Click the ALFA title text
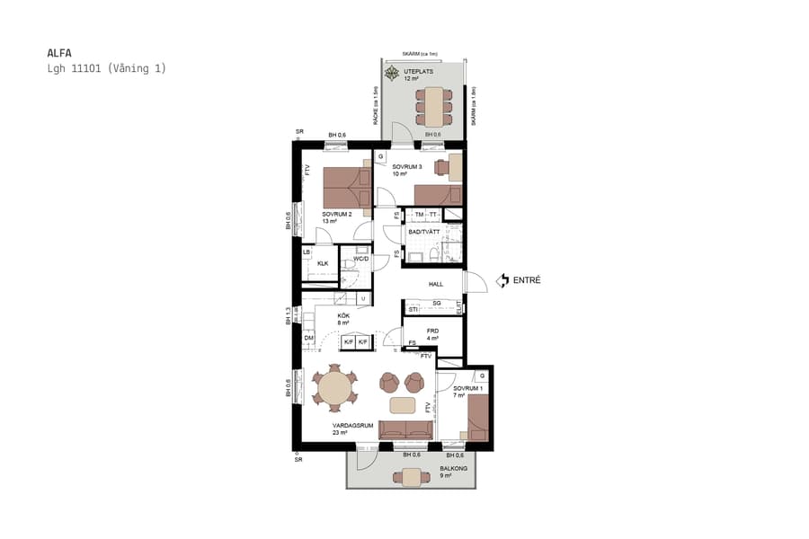tap(59, 53)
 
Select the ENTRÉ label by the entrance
tap(527, 280)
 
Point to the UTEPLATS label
tap(419, 71)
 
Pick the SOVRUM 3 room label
tap(407, 167)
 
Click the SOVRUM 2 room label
tap(337, 215)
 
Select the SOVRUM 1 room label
tap(467, 388)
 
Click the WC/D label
tap(361, 259)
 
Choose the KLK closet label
tap(323, 263)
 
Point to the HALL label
tap(436, 284)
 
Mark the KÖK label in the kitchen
tap(343, 316)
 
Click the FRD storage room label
tap(432, 331)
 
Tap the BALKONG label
tap(452, 468)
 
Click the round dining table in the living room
tap(334, 389)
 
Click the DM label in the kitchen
tap(308, 338)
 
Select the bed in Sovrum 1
tap(477, 419)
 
